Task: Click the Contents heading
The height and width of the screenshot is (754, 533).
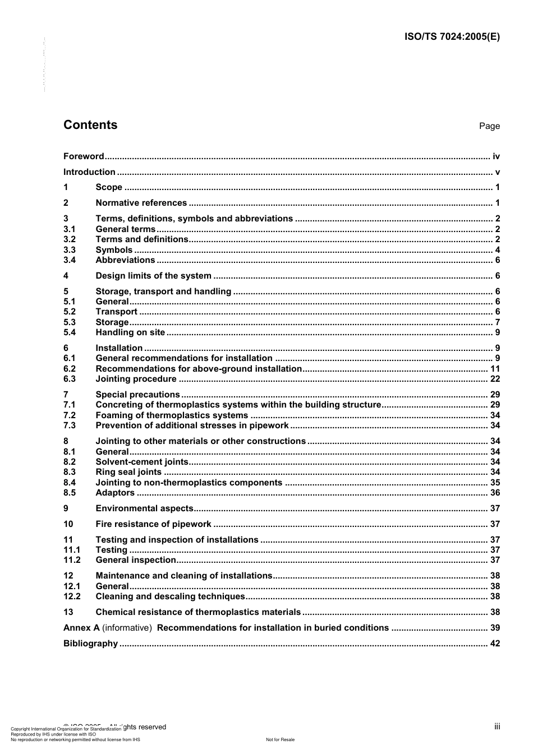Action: point(90,125)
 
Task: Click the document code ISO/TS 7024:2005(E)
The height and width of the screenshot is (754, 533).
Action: point(452,37)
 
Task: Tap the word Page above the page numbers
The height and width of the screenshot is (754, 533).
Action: point(489,126)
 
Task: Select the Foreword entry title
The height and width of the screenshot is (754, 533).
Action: point(84,156)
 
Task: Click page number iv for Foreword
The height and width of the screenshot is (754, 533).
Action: point(496,156)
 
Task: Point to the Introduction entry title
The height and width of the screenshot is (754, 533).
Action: point(89,172)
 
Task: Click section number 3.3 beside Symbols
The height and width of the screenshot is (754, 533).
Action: point(70,250)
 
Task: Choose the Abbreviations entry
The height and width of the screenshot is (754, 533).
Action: point(125,260)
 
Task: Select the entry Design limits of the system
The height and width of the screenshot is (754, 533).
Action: point(153,276)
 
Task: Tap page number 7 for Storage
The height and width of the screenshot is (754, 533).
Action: point(497,322)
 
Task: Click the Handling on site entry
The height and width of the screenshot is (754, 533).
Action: point(130,332)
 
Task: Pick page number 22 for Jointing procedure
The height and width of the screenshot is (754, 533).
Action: point(495,379)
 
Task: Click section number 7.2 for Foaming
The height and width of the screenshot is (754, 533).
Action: point(70,415)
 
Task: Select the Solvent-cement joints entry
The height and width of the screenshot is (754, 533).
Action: point(142,462)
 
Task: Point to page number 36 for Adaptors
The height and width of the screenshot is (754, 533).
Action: point(495,493)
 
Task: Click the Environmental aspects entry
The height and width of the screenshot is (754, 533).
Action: point(144,508)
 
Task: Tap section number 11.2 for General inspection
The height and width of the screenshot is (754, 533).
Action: point(72,560)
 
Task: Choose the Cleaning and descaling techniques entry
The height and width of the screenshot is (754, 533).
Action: point(170,596)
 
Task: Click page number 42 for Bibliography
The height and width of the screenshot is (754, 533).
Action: point(495,644)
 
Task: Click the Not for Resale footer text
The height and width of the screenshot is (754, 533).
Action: point(280,739)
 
